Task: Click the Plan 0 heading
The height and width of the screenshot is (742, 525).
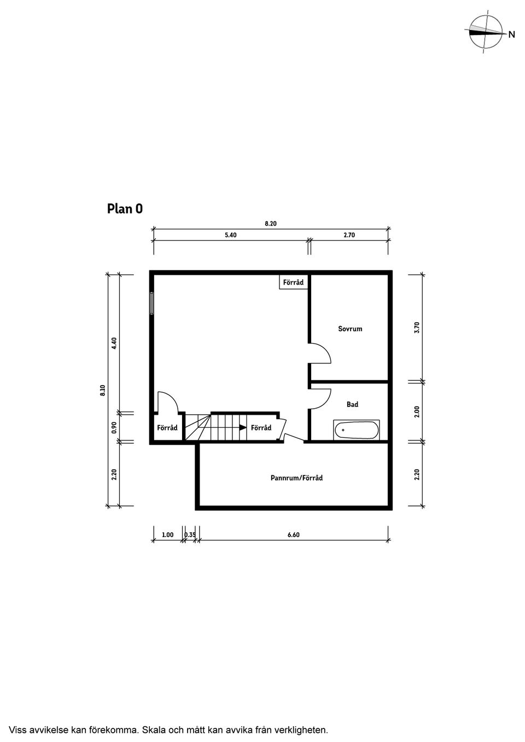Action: tap(125, 209)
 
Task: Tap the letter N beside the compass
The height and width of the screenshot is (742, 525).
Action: tap(512, 34)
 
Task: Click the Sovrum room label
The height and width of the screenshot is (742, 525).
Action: tap(350, 329)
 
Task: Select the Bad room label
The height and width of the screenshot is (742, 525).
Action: tap(352, 404)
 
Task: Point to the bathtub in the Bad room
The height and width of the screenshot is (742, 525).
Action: tap(357, 430)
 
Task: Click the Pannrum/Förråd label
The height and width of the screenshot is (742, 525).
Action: tap(296, 478)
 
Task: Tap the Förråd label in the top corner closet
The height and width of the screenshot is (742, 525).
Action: tap(293, 282)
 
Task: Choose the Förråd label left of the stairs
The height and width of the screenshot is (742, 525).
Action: tap(167, 428)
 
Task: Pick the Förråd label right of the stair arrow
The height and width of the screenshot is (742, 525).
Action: tap(261, 428)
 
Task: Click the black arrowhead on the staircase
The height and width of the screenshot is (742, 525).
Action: tap(243, 428)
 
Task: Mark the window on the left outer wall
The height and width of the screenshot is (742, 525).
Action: tap(151, 303)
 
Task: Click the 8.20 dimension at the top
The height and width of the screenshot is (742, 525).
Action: tap(271, 223)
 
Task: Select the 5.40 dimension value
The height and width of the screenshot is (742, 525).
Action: tap(231, 235)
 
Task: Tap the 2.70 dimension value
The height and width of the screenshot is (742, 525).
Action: tap(349, 235)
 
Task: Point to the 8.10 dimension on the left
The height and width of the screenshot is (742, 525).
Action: tap(103, 390)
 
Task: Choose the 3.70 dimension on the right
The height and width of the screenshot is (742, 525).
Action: tap(417, 328)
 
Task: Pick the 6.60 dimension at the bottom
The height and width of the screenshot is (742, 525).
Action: tap(294, 535)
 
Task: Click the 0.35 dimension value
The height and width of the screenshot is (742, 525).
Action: tap(190, 535)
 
